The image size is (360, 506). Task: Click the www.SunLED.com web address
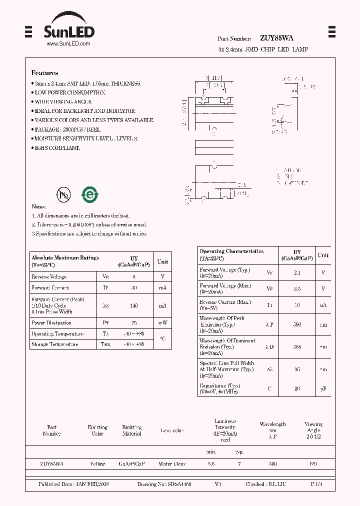pyautogui.click(x=68, y=44)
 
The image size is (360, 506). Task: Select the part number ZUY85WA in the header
pyautogui.click(x=276, y=38)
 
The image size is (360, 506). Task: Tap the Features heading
pyautogui.click(x=45, y=73)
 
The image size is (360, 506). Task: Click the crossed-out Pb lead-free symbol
pyautogui.click(x=63, y=195)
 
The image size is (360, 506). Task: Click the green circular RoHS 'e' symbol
pyautogui.click(x=90, y=194)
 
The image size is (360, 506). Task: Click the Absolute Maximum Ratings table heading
pyautogui.click(x=65, y=258)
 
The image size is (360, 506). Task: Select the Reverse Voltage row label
pyautogui.click(x=49, y=277)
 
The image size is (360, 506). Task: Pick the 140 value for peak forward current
pyautogui.click(x=134, y=306)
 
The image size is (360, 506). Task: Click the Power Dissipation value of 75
pyautogui.click(x=134, y=323)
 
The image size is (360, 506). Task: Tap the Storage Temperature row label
pyautogui.click(x=55, y=344)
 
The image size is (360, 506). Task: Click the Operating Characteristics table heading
pyautogui.click(x=231, y=251)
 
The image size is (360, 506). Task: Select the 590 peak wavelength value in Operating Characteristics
pyautogui.click(x=297, y=324)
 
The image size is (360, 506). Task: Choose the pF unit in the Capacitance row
pyautogui.click(x=323, y=388)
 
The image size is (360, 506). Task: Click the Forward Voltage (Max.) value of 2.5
pyautogui.click(x=297, y=289)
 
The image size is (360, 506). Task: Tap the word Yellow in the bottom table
pyautogui.click(x=97, y=464)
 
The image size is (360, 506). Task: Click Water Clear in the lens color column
pyautogui.click(x=172, y=464)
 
